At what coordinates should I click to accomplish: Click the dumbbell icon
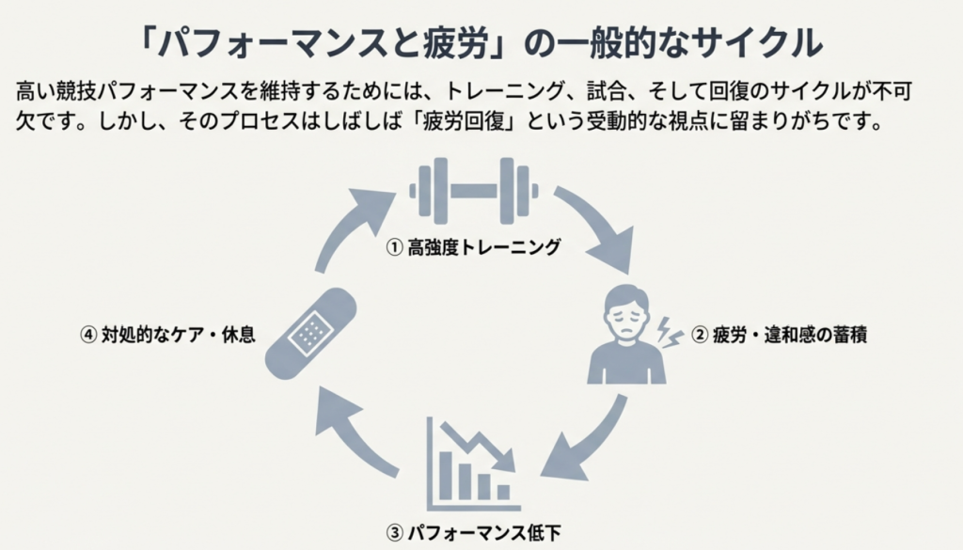474,189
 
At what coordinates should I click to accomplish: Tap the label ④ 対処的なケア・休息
167,334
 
